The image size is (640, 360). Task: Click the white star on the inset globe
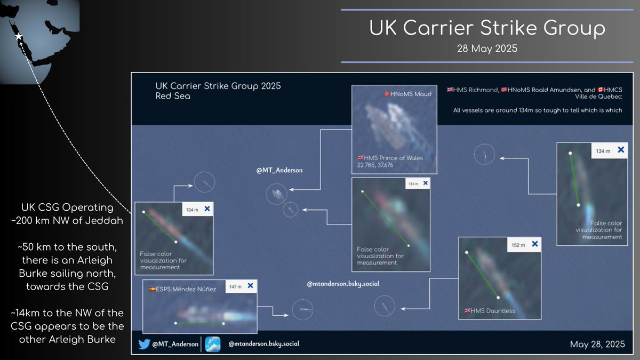click(x=19, y=37)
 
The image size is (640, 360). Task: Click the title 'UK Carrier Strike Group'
click(x=487, y=28)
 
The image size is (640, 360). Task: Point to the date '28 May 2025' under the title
click(x=487, y=47)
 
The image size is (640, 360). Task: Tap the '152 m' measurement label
click(x=518, y=245)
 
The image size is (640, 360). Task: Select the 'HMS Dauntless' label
click(x=490, y=310)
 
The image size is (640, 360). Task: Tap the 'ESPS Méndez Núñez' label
click(x=182, y=289)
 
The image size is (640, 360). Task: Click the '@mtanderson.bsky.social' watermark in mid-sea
click(x=343, y=284)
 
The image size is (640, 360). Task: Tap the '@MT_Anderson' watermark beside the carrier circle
click(x=279, y=170)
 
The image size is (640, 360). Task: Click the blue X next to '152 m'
click(x=534, y=244)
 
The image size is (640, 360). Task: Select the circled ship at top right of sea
click(x=484, y=155)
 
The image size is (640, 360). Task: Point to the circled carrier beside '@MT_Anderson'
click(x=276, y=194)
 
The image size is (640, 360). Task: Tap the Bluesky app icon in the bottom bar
click(x=213, y=344)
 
